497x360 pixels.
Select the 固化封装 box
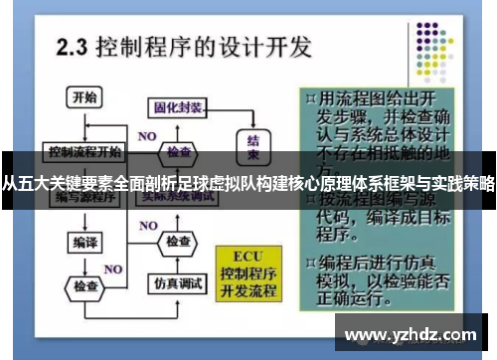[179, 108]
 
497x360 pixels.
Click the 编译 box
[83, 242]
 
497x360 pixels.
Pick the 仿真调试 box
[179, 283]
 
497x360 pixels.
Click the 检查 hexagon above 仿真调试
[178, 243]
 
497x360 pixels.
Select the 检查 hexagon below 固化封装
[179, 152]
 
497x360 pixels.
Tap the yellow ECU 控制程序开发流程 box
[251, 269]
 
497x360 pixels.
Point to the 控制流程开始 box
[83, 153]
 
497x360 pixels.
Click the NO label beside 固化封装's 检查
[147, 135]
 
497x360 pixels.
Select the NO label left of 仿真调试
[114, 269]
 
